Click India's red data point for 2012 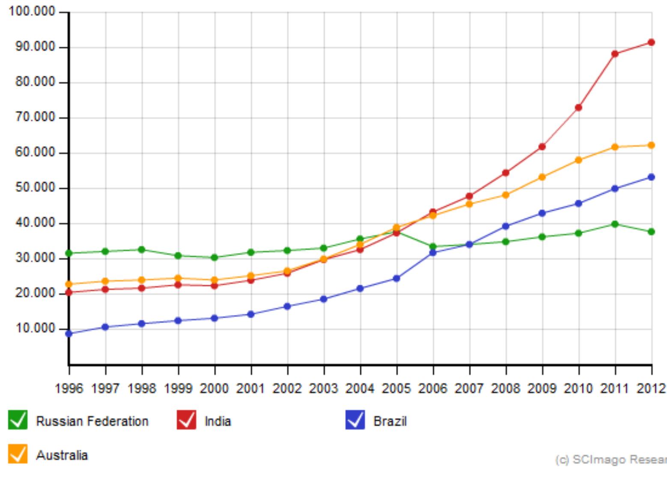pos(651,42)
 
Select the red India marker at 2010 pos(578,107)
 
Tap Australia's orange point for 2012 pos(651,145)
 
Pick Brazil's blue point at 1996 pos(69,333)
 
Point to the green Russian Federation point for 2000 pos(214,257)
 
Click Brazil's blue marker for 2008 pos(506,226)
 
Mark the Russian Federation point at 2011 pos(615,224)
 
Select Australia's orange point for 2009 pos(542,177)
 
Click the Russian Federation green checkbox pos(18,420)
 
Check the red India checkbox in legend pos(186,420)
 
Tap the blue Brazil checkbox pos(355,420)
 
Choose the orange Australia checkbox pos(18,454)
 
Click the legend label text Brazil pos(390,422)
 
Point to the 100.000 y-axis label pos(32,12)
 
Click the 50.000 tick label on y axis pos(36,188)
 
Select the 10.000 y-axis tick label pos(36,329)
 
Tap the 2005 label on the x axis pos(396,389)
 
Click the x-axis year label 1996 pos(69,389)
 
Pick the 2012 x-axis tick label pos(651,389)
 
